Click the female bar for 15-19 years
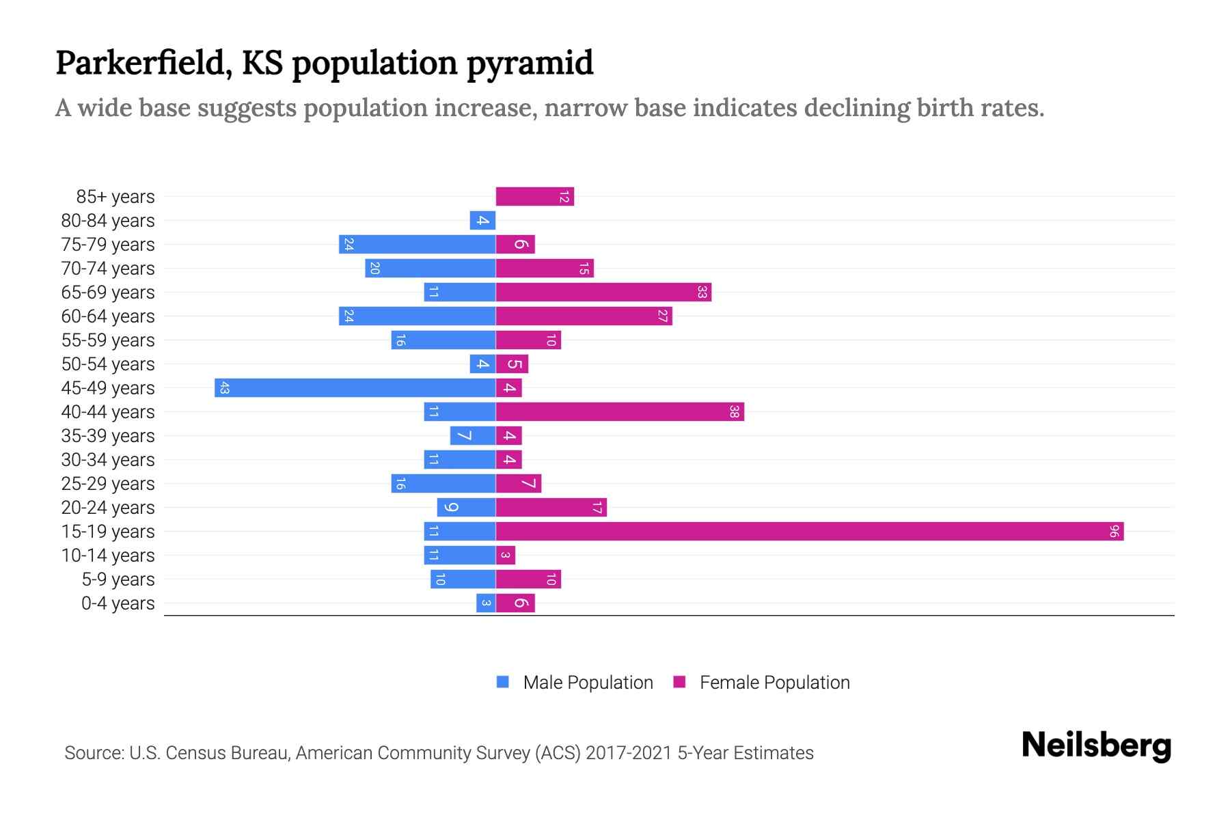[x=810, y=532]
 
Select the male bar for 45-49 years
[x=355, y=388]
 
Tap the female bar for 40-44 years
[x=620, y=412]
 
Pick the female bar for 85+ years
[x=534, y=197]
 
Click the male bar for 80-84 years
[x=482, y=221]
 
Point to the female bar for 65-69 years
[x=603, y=292]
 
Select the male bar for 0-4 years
[x=486, y=603]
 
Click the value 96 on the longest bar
[x=1114, y=532]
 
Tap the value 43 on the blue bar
[x=224, y=388]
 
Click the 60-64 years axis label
[x=108, y=316]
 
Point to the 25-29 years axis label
[x=108, y=484]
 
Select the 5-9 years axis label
[x=118, y=579]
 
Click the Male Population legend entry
[x=587, y=683]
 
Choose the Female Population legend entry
[x=774, y=683]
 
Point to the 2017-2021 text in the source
[x=628, y=753]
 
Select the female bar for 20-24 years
[x=551, y=508]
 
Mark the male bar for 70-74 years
[x=430, y=269]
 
